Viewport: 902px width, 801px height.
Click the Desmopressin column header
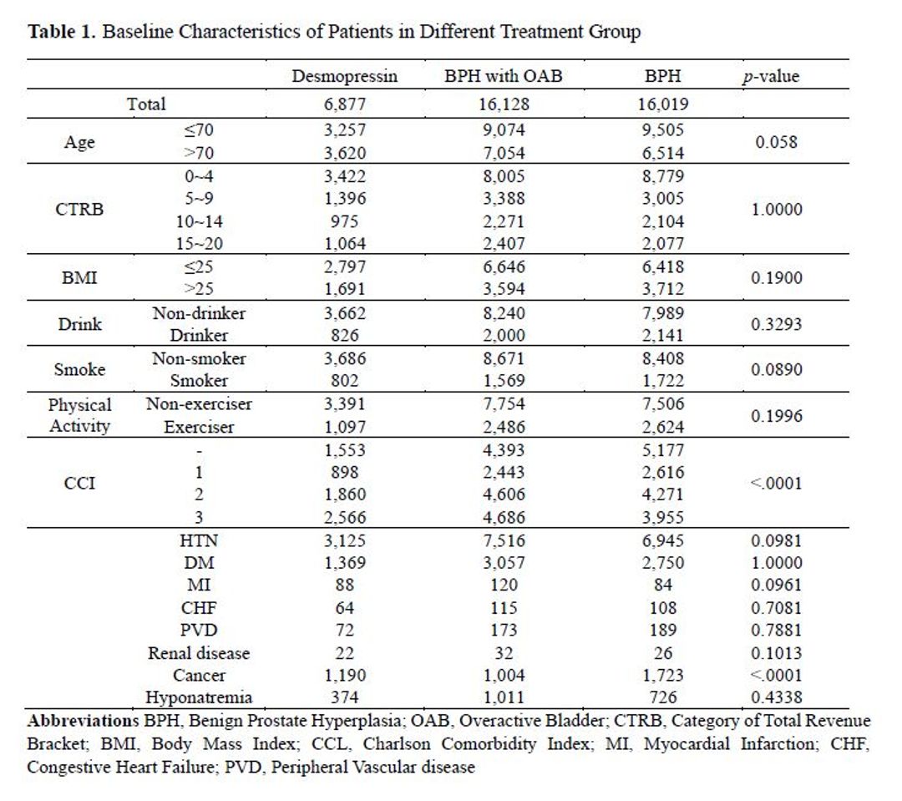(x=345, y=76)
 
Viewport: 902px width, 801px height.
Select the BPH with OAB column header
(x=504, y=76)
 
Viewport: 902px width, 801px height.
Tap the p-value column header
(x=771, y=77)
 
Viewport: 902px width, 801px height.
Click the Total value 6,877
(x=345, y=104)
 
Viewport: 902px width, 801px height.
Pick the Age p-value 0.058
(x=776, y=141)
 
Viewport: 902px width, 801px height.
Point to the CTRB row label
(x=79, y=209)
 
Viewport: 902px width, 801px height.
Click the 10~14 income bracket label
(x=199, y=221)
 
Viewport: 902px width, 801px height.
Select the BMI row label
(x=79, y=278)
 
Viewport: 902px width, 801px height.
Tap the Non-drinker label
(x=199, y=313)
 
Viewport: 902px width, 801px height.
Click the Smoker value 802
(x=345, y=380)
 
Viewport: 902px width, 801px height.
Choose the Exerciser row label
(x=199, y=427)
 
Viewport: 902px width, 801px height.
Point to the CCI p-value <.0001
(x=776, y=483)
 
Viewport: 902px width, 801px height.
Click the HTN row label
(x=199, y=541)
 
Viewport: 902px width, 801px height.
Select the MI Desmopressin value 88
(x=345, y=585)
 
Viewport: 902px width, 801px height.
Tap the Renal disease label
(x=199, y=653)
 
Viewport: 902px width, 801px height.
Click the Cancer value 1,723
(x=662, y=675)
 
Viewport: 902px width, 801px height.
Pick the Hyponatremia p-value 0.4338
(x=776, y=697)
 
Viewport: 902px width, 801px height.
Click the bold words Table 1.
(x=62, y=31)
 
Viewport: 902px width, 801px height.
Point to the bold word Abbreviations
(x=84, y=721)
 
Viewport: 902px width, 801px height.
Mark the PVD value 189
(x=662, y=630)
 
